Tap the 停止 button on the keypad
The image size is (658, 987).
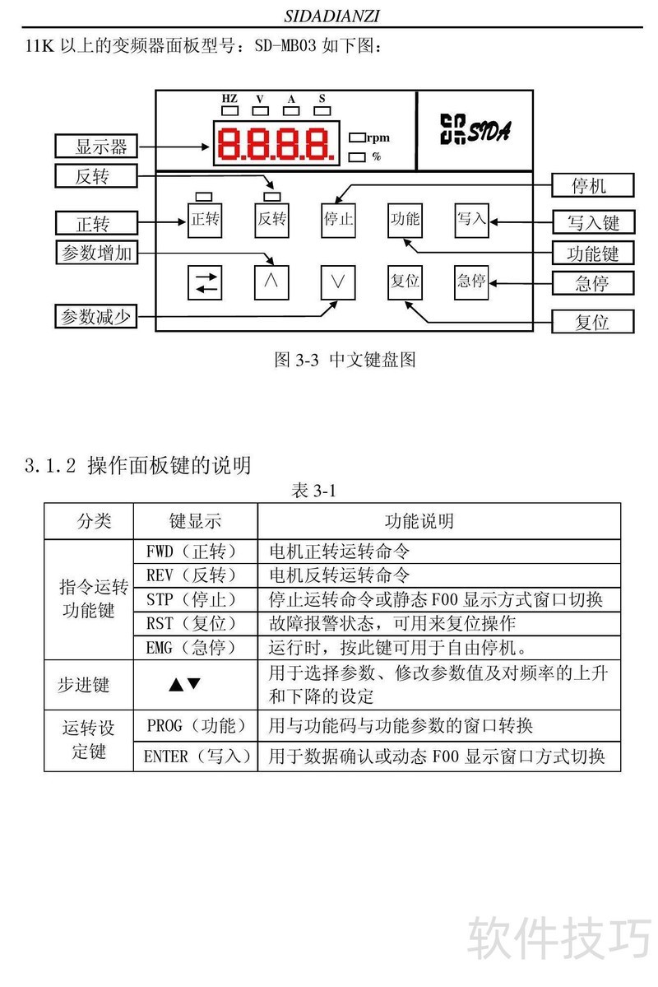pos(337,219)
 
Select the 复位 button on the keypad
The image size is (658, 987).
pos(405,282)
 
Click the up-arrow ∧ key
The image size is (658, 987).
pos(271,282)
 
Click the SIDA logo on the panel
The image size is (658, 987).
pos(475,130)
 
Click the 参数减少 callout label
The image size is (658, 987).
pos(96,316)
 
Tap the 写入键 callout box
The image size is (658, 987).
pos(592,221)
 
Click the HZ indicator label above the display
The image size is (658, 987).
pos(229,99)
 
